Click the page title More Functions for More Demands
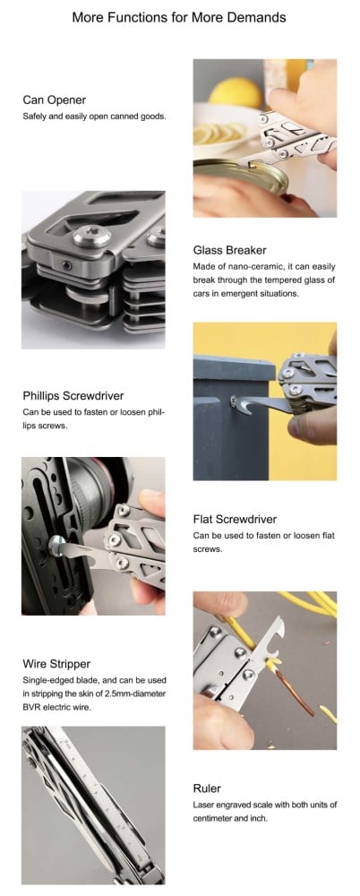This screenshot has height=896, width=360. click(179, 17)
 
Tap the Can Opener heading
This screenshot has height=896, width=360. click(55, 100)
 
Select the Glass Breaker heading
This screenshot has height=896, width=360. click(230, 250)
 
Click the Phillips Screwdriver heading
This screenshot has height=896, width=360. click(73, 395)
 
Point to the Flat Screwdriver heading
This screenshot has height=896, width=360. click(235, 519)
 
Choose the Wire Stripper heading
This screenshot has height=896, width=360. click(56, 664)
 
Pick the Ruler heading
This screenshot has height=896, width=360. click(207, 789)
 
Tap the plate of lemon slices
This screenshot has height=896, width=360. click(220, 133)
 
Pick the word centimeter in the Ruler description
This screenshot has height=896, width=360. click(214, 818)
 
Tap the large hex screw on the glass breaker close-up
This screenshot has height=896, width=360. click(91, 236)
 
